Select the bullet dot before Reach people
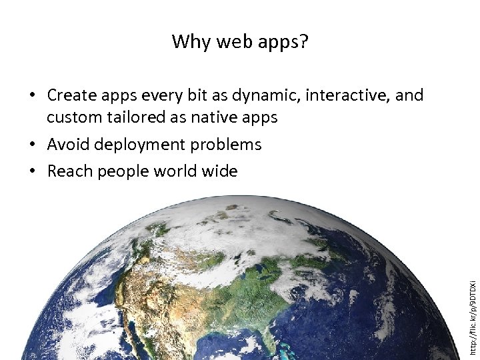coord(33,172)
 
